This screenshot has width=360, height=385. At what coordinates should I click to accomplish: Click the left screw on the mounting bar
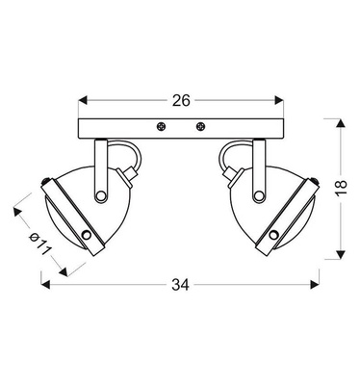click(x=160, y=125)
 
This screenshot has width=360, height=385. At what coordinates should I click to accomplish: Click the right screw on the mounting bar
click(x=200, y=125)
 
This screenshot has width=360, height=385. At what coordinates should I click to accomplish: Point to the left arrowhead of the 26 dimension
click(x=81, y=99)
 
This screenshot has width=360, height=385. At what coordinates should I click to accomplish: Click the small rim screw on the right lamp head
click(x=272, y=234)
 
